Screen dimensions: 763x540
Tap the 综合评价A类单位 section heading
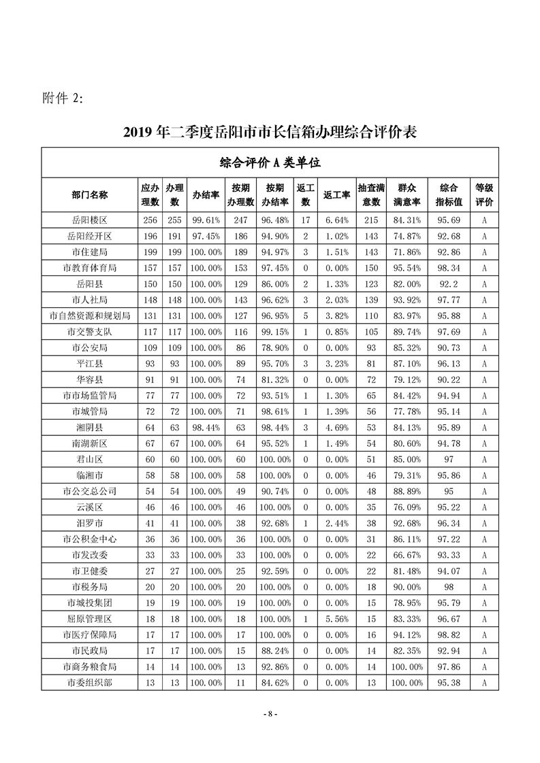(x=270, y=163)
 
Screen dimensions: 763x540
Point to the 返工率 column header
(x=336, y=194)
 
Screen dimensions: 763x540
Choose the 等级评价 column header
(x=483, y=194)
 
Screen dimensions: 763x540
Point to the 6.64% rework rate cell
(x=336, y=220)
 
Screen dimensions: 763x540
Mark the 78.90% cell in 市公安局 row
(x=275, y=347)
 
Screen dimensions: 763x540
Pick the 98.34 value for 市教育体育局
(x=447, y=268)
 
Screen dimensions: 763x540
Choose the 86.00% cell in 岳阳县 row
(x=275, y=284)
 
